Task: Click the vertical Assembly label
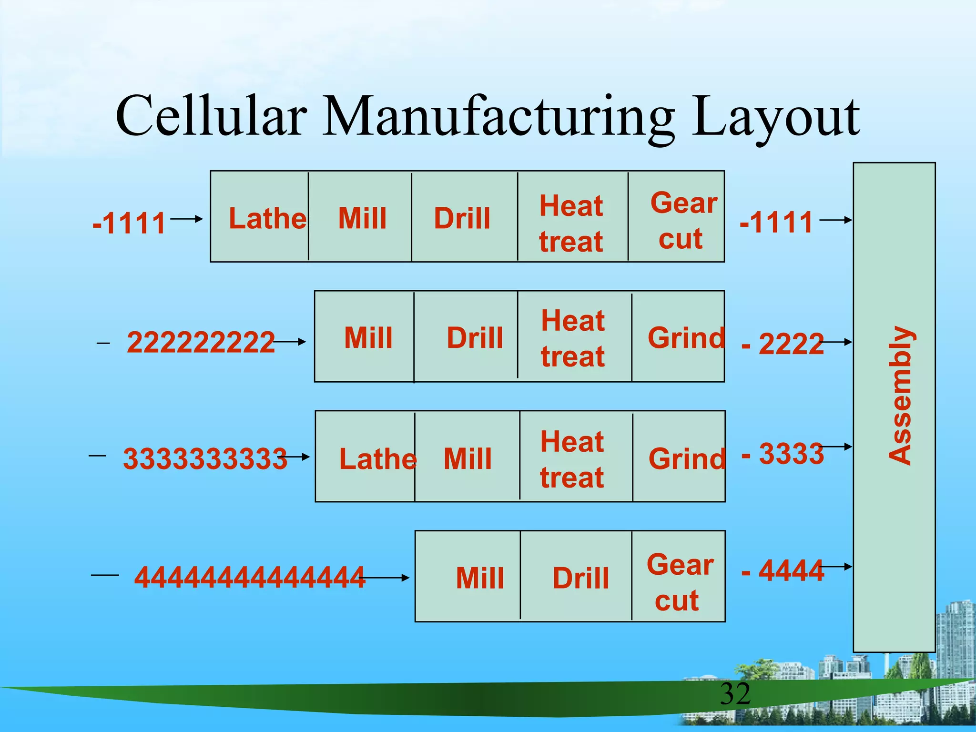(900, 396)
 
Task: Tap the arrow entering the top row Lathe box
(187, 219)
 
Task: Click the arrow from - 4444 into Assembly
(836, 567)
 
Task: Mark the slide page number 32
(735, 694)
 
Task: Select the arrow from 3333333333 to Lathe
(295, 457)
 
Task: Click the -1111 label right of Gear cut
(776, 223)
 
